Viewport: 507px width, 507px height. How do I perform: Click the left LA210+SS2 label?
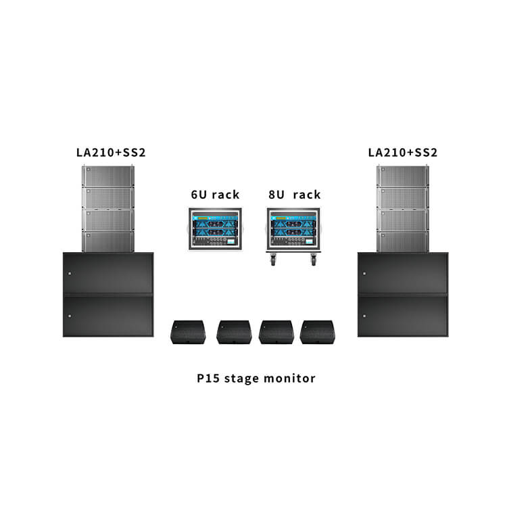tap(111, 153)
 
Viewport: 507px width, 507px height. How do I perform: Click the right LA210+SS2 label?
tap(403, 153)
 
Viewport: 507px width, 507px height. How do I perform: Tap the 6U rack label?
tap(215, 195)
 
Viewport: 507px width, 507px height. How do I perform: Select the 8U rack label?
tap(294, 195)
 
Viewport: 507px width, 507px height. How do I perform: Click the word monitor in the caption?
tap(291, 379)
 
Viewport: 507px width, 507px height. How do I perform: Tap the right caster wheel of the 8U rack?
tap(312, 258)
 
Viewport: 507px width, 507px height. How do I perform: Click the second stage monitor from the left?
tap(234, 332)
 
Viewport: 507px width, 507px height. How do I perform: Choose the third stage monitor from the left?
tap(276, 332)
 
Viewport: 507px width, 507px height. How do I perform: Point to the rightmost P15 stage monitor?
tap(317, 332)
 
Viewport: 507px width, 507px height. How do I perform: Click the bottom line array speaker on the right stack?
tap(403, 241)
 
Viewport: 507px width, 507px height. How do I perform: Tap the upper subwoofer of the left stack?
tap(108, 273)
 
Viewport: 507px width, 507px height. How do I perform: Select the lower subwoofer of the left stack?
tap(108, 315)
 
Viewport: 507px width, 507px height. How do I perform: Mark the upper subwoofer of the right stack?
tap(403, 273)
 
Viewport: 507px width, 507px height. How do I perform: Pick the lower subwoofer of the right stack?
tap(403, 315)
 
